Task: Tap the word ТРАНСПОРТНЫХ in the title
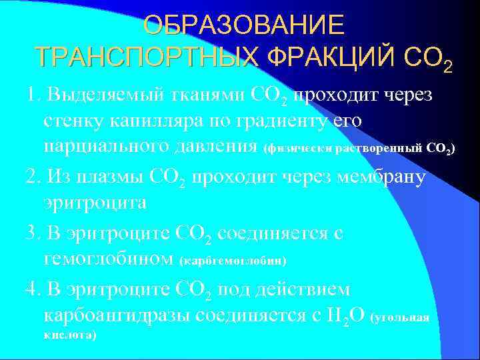click(x=147, y=58)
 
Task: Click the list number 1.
click(x=29, y=97)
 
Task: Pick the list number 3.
click(x=29, y=233)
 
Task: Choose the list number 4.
click(x=29, y=291)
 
